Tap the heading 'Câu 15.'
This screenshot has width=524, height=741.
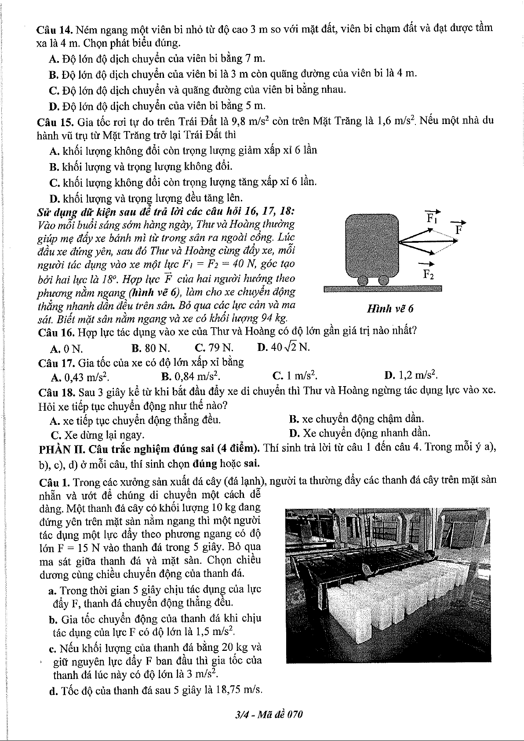coord(55,122)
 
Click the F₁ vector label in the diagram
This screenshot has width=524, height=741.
coord(432,217)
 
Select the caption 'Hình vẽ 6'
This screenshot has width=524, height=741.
coord(390,309)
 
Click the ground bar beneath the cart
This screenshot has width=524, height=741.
coord(382,289)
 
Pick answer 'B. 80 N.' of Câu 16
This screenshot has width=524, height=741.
coord(151,349)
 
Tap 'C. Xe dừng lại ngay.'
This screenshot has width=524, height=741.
coord(98,435)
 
